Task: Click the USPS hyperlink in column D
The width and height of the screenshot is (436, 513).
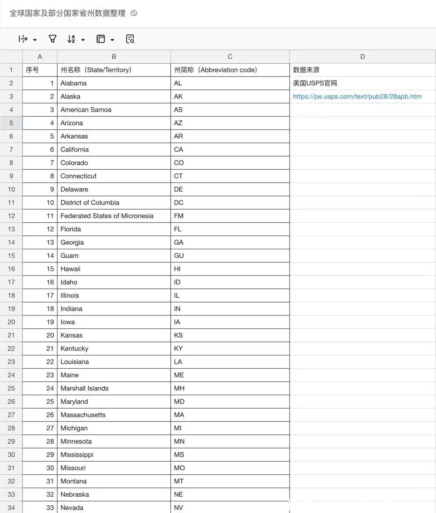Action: coord(357,96)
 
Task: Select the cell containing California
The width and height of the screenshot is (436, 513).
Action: coord(75,150)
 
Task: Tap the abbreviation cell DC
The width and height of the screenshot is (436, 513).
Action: coord(179,202)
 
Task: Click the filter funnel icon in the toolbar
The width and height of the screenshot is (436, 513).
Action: coord(52,39)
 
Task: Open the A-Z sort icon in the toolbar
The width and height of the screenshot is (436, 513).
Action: coord(71,39)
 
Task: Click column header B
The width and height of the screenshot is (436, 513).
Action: coord(114,56)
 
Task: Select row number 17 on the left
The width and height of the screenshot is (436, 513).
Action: coord(11,282)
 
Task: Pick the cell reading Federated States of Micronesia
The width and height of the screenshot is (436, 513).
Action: coord(107,216)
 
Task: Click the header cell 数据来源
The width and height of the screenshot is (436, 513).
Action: coord(306,70)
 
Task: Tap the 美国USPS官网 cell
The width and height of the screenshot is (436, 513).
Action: coord(315,83)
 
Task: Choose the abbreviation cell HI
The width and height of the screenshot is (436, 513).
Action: coord(177,269)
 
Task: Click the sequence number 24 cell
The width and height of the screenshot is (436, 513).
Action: coord(50,388)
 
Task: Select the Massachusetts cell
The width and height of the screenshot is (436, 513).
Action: coord(83,415)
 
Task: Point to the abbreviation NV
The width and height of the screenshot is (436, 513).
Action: coord(178,508)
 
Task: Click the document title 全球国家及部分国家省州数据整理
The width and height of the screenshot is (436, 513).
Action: coord(67,13)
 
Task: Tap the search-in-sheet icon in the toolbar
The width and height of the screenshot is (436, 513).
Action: coord(130,39)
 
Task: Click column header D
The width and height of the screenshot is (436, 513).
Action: coord(362,56)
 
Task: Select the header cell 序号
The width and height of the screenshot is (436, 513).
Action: coord(32,70)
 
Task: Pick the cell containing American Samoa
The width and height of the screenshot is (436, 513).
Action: coord(86,110)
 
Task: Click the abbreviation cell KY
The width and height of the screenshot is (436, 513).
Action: coord(178,348)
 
